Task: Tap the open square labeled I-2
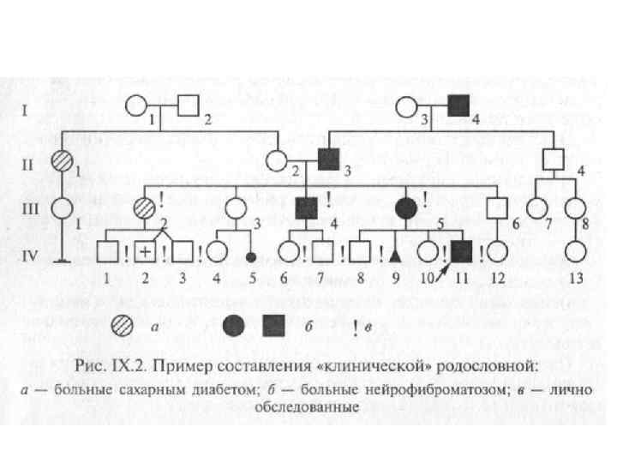tap(189, 108)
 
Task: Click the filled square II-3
tap(327, 159)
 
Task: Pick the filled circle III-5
tap(404, 207)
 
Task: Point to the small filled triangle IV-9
tap(394, 256)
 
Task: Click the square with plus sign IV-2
tap(146, 252)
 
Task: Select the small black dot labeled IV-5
tap(251, 256)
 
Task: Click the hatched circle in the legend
tap(123, 324)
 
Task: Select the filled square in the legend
tap(274, 324)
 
